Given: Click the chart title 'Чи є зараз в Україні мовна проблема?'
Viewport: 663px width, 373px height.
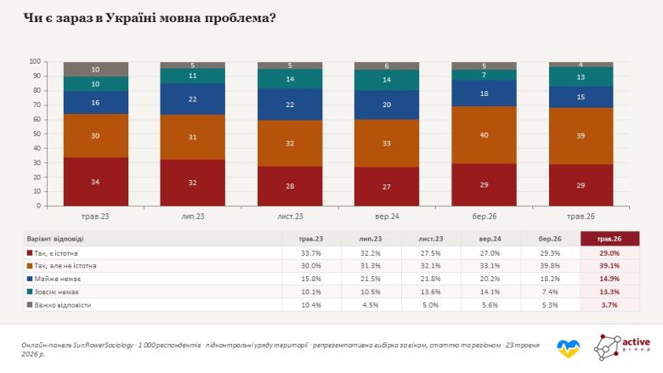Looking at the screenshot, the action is (x=150, y=18).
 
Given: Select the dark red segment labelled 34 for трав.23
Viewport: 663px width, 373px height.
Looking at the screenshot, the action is (x=95, y=182).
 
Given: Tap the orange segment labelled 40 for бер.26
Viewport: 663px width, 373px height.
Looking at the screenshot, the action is (x=484, y=135).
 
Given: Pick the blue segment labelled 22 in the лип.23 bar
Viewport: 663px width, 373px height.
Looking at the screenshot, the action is (x=192, y=99).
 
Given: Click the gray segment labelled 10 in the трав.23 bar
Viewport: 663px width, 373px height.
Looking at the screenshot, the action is (x=95, y=70).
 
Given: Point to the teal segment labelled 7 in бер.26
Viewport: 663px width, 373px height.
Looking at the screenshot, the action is (x=484, y=75).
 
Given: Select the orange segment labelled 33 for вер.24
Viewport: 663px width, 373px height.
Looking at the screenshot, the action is (x=387, y=144).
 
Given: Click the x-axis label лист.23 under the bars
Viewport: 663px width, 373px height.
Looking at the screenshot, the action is (x=290, y=217).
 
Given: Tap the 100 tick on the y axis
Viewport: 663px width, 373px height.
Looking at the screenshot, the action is (x=35, y=62).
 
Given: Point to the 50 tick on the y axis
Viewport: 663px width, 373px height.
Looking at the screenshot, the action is (x=37, y=134).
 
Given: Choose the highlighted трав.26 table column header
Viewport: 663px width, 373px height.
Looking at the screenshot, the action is (x=609, y=239).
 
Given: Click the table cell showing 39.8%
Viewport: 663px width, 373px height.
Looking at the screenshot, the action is (x=550, y=266).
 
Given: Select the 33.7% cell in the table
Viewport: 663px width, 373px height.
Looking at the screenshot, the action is (x=311, y=253).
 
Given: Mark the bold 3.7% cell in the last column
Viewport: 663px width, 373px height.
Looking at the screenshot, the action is (x=609, y=304).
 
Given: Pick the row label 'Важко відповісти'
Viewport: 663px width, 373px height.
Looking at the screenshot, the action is (x=63, y=305).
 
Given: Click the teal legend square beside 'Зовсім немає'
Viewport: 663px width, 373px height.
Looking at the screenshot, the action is (x=30, y=291).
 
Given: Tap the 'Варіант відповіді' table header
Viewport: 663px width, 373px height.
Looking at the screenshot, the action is (x=55, y=239).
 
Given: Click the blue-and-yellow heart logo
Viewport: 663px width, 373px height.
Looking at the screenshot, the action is (x=569, y=349).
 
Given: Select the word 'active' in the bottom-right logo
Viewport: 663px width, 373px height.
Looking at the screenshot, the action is (x=636, y=342).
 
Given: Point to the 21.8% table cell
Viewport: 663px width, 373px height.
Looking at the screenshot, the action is (x=430, y=279).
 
